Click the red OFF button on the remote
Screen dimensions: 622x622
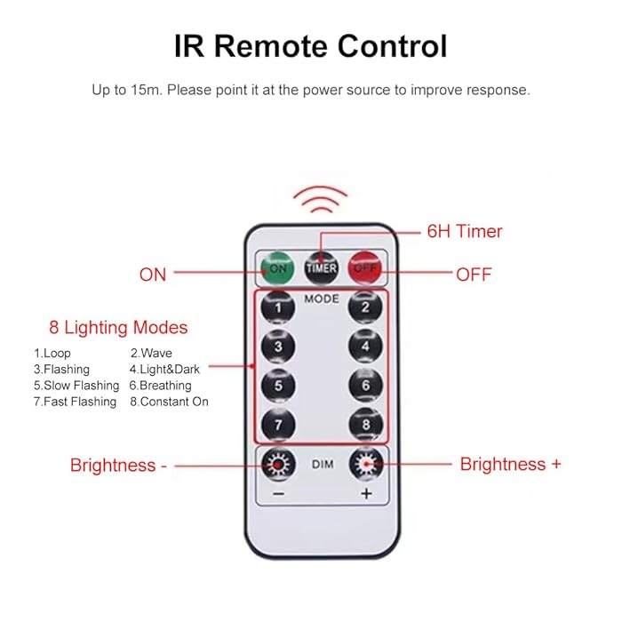click(x=363, y=267)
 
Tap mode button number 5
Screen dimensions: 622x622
click(x=278, y=386)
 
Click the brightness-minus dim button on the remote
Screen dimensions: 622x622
click(x=278, y=465)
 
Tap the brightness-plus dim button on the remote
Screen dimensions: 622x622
click(x=365, y=464)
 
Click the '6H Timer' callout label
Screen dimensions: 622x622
click(x=465, y=232)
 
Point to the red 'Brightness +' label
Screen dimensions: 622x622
click(x=510, y=464)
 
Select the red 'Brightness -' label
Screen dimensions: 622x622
click(x=118, y=465)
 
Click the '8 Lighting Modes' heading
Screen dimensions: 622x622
click(x=118, y=328)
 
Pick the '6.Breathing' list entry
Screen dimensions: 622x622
click(x=160, y=386)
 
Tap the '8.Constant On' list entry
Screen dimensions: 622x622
click(x=169, y=402)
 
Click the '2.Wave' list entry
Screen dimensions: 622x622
click(x=151, y=354)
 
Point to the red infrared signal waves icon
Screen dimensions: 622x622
click(x=321, y=200)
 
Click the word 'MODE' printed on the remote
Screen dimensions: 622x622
click(x=321, y=299)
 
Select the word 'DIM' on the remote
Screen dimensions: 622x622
click(x=321, y=464)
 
